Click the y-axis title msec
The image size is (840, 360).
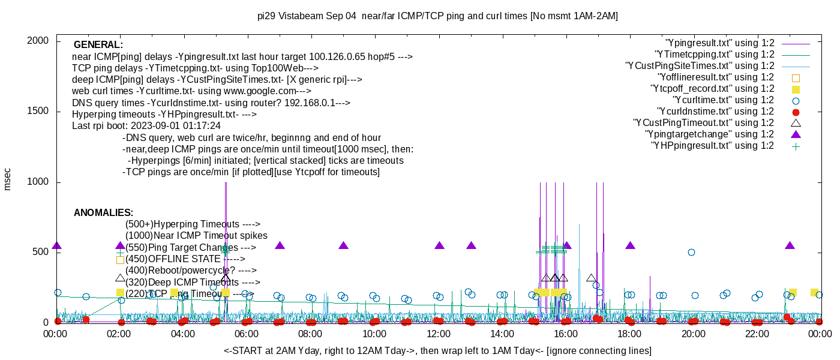7,179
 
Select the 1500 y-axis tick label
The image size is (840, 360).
39,111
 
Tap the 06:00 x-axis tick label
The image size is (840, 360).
247,334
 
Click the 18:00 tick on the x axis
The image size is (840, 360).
629,334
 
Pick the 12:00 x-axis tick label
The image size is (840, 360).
438,334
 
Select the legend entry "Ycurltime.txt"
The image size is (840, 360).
723,100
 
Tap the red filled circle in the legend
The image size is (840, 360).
796,112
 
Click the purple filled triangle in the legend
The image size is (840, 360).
796,134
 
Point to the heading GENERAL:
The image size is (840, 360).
98,45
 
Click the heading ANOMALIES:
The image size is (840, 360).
103,213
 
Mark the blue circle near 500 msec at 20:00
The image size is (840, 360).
691,253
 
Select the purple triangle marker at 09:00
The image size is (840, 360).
343,245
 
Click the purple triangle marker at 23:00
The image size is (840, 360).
790,245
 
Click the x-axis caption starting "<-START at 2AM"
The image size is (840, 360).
437,350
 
